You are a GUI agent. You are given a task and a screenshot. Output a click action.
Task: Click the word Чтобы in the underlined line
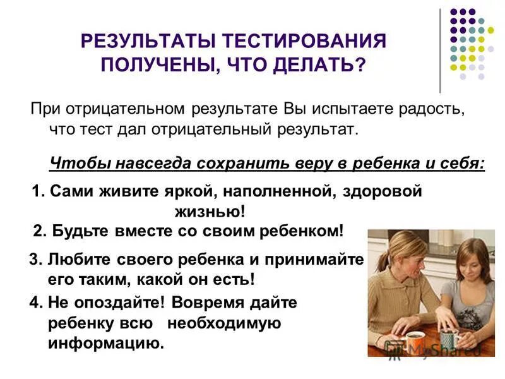pyautogui.click(x=74, y=163)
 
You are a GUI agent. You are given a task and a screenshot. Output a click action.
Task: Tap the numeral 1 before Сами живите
pyautogui.click(x=36, y=191)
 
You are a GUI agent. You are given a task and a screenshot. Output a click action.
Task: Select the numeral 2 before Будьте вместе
pyautogui.click(x=38, y=231)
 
